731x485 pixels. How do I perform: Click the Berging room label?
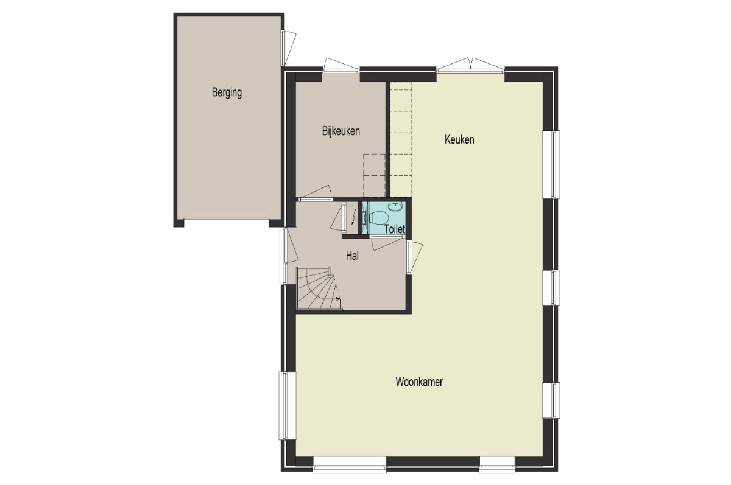click(227, 92)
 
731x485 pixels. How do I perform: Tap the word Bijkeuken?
click(341, 131)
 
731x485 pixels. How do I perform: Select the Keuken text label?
click(459, 139)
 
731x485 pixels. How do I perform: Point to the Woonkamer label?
click(419, 382)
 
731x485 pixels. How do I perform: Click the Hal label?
click(353, 256)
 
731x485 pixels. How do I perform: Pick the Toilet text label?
click(395, 229)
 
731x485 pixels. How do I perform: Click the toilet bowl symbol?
click(378, 217)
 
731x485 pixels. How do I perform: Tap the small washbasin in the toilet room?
click(395, 206)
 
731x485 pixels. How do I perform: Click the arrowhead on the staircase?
click(338, 299)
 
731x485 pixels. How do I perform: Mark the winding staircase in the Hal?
click(319, 288)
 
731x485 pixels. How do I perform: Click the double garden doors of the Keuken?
click(470, 65)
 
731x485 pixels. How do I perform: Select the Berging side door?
click(289, 48)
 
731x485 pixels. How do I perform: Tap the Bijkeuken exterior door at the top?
click(341, 65)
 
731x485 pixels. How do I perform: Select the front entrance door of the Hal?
click(291, 245)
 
